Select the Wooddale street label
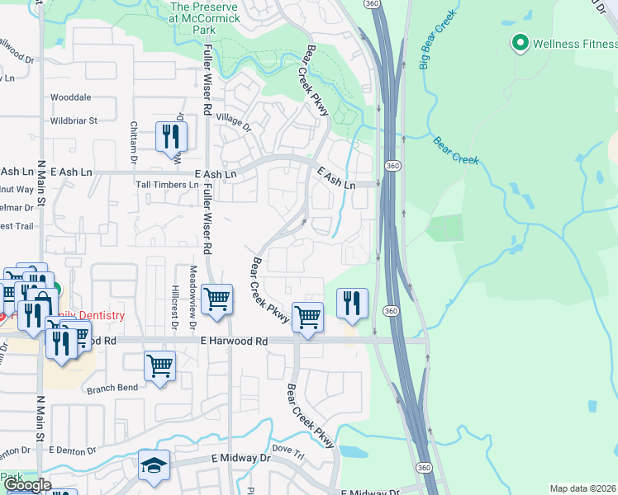tap(70, 97)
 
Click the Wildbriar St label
tap(74, 120)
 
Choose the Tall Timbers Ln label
tap(167, 185)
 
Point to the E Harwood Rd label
tap(235, 341)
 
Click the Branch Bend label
tap(112, 387)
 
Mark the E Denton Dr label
tap(74, 450)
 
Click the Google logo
tap(26, 484)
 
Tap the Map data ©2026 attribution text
tap(582, 488)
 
